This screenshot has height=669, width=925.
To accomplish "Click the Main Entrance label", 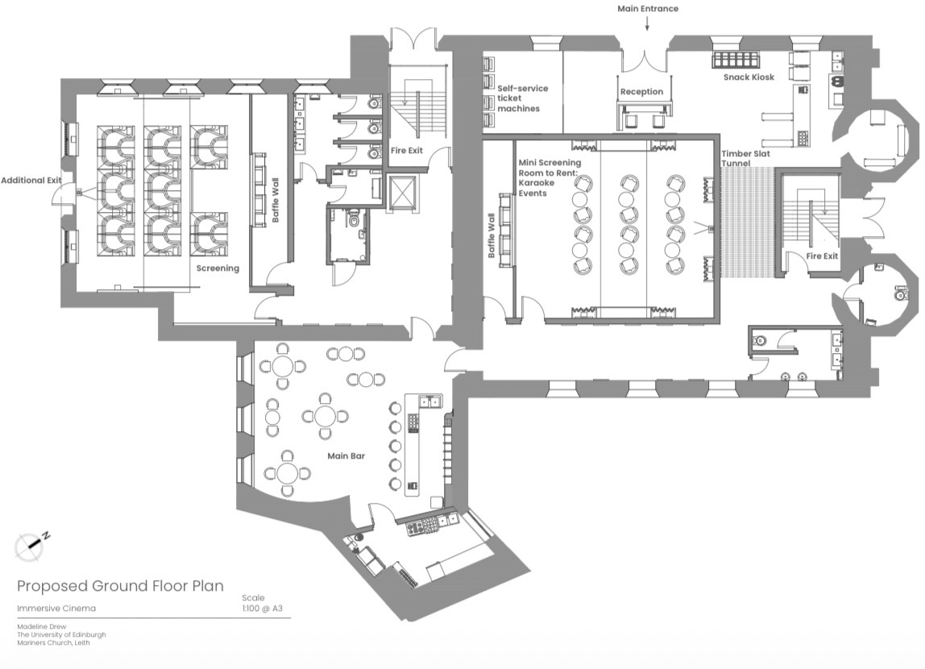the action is click(x=648, y=8).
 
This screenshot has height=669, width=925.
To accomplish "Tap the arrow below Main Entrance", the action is click(x=647, y=23).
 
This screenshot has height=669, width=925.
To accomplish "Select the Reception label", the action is click(x=641, y=91).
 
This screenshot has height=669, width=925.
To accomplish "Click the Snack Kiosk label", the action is click(x=749, y=77).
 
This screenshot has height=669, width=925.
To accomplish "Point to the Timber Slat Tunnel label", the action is click(x=745, y=158).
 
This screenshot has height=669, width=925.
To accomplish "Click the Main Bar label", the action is click(x=346, y=455).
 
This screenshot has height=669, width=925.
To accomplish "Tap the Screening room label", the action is click(x=218, y=268).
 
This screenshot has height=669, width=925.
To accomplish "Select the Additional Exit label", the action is click(x=31, y=180).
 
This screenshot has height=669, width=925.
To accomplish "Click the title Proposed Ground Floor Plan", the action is click(x=120, y=586).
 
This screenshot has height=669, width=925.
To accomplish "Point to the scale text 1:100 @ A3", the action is click(x=263, y=609).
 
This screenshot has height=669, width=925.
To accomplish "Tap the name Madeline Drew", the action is click(x=42, y=626).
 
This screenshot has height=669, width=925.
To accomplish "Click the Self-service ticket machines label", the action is click(x=522, y=98).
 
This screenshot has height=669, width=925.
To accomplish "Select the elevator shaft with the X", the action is click(x=402, y=192).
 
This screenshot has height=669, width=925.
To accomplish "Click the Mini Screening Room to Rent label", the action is click(x=550, y=177).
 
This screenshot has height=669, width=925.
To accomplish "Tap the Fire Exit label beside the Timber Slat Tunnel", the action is click(x=822, y=256).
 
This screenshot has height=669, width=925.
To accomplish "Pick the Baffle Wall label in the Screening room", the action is click(x=275, y=200).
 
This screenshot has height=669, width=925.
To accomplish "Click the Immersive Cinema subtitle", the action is click(x=56, y=609).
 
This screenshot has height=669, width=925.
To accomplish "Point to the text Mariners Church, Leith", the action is click(x=53, y=642).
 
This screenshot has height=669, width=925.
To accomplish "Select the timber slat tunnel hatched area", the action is click(x=748, y=222).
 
